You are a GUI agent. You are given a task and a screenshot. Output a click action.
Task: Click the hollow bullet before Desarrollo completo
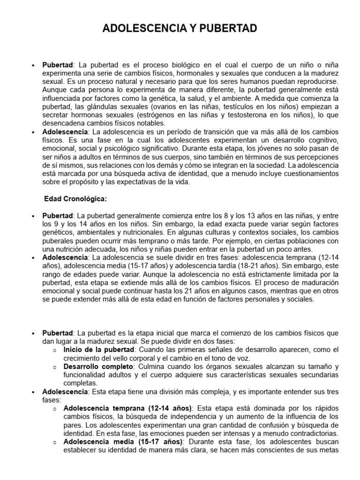coord(55,367)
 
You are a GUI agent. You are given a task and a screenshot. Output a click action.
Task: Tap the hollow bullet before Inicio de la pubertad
coord(55,350)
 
